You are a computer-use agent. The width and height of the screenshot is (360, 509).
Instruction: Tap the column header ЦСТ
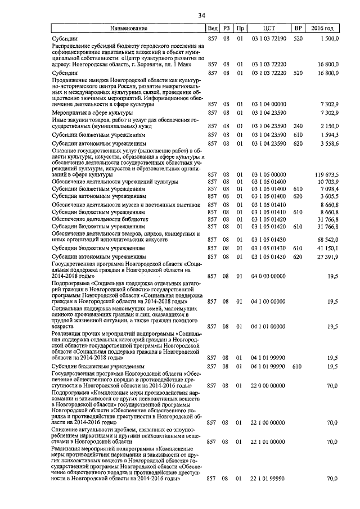tap(268, 28)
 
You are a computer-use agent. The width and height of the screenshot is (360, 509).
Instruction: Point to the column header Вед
tap(212, 28)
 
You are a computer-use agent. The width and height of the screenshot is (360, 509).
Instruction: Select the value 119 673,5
tap(325, 175)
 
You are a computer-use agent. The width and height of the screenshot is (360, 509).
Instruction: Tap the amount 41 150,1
tap(327, 248)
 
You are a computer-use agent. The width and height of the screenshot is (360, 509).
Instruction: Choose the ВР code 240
tap(298, 126)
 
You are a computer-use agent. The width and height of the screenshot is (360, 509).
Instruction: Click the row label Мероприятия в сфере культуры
tap(89, 113)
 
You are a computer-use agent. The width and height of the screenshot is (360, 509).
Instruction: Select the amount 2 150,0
tap(328, 126)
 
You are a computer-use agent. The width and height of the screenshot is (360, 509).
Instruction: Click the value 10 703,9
tap(327, 182)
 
